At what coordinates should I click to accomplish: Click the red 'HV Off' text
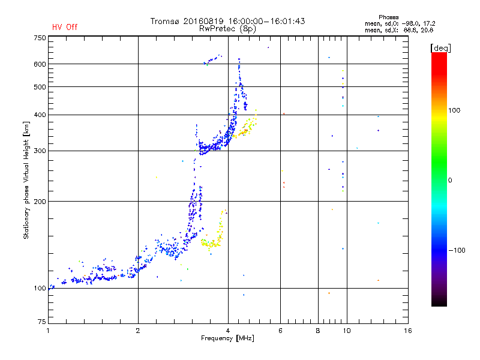[65, 27]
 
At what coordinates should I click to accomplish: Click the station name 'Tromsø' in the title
[164, 21]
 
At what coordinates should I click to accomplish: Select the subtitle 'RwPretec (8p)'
[227, 29]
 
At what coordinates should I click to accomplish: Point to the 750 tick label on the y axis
[40, 38]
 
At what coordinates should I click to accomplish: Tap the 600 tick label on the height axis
[40, 64]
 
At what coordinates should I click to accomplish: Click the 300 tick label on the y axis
[40, 151]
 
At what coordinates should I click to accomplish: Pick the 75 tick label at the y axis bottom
[42, 322]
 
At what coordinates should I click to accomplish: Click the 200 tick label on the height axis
[40, 202]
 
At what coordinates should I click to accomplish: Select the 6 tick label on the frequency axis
[280, 331]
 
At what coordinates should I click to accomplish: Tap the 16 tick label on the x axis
[408, 331]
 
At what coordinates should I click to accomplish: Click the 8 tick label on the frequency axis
[318, 331]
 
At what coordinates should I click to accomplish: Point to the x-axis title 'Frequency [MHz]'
[227, 338]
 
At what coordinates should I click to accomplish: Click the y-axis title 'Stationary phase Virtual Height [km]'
[26, 180]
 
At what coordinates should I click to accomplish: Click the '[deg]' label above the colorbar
[440, 48]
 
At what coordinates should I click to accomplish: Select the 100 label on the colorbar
[454, 110]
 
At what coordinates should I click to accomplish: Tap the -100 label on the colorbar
[457, 250]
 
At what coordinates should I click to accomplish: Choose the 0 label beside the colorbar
[450, 181]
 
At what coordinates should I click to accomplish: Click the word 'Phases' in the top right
[388, 17]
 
